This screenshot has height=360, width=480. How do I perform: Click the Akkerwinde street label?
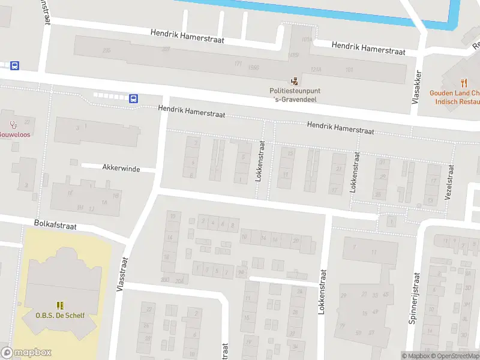[121, 169]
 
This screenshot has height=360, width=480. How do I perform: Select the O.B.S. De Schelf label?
[59, 316]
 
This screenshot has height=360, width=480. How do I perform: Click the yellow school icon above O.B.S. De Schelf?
[59, 306]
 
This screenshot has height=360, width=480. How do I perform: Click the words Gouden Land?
[449, 93]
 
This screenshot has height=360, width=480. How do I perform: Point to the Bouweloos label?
[14, 134]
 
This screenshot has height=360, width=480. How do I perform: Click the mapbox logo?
[26, 353]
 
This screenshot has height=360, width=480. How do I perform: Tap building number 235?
[107, 50]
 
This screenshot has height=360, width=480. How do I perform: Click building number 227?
[166, 50]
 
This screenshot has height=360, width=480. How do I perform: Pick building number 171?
[238, 63]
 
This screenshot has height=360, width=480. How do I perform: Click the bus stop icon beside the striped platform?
[133, 98]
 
